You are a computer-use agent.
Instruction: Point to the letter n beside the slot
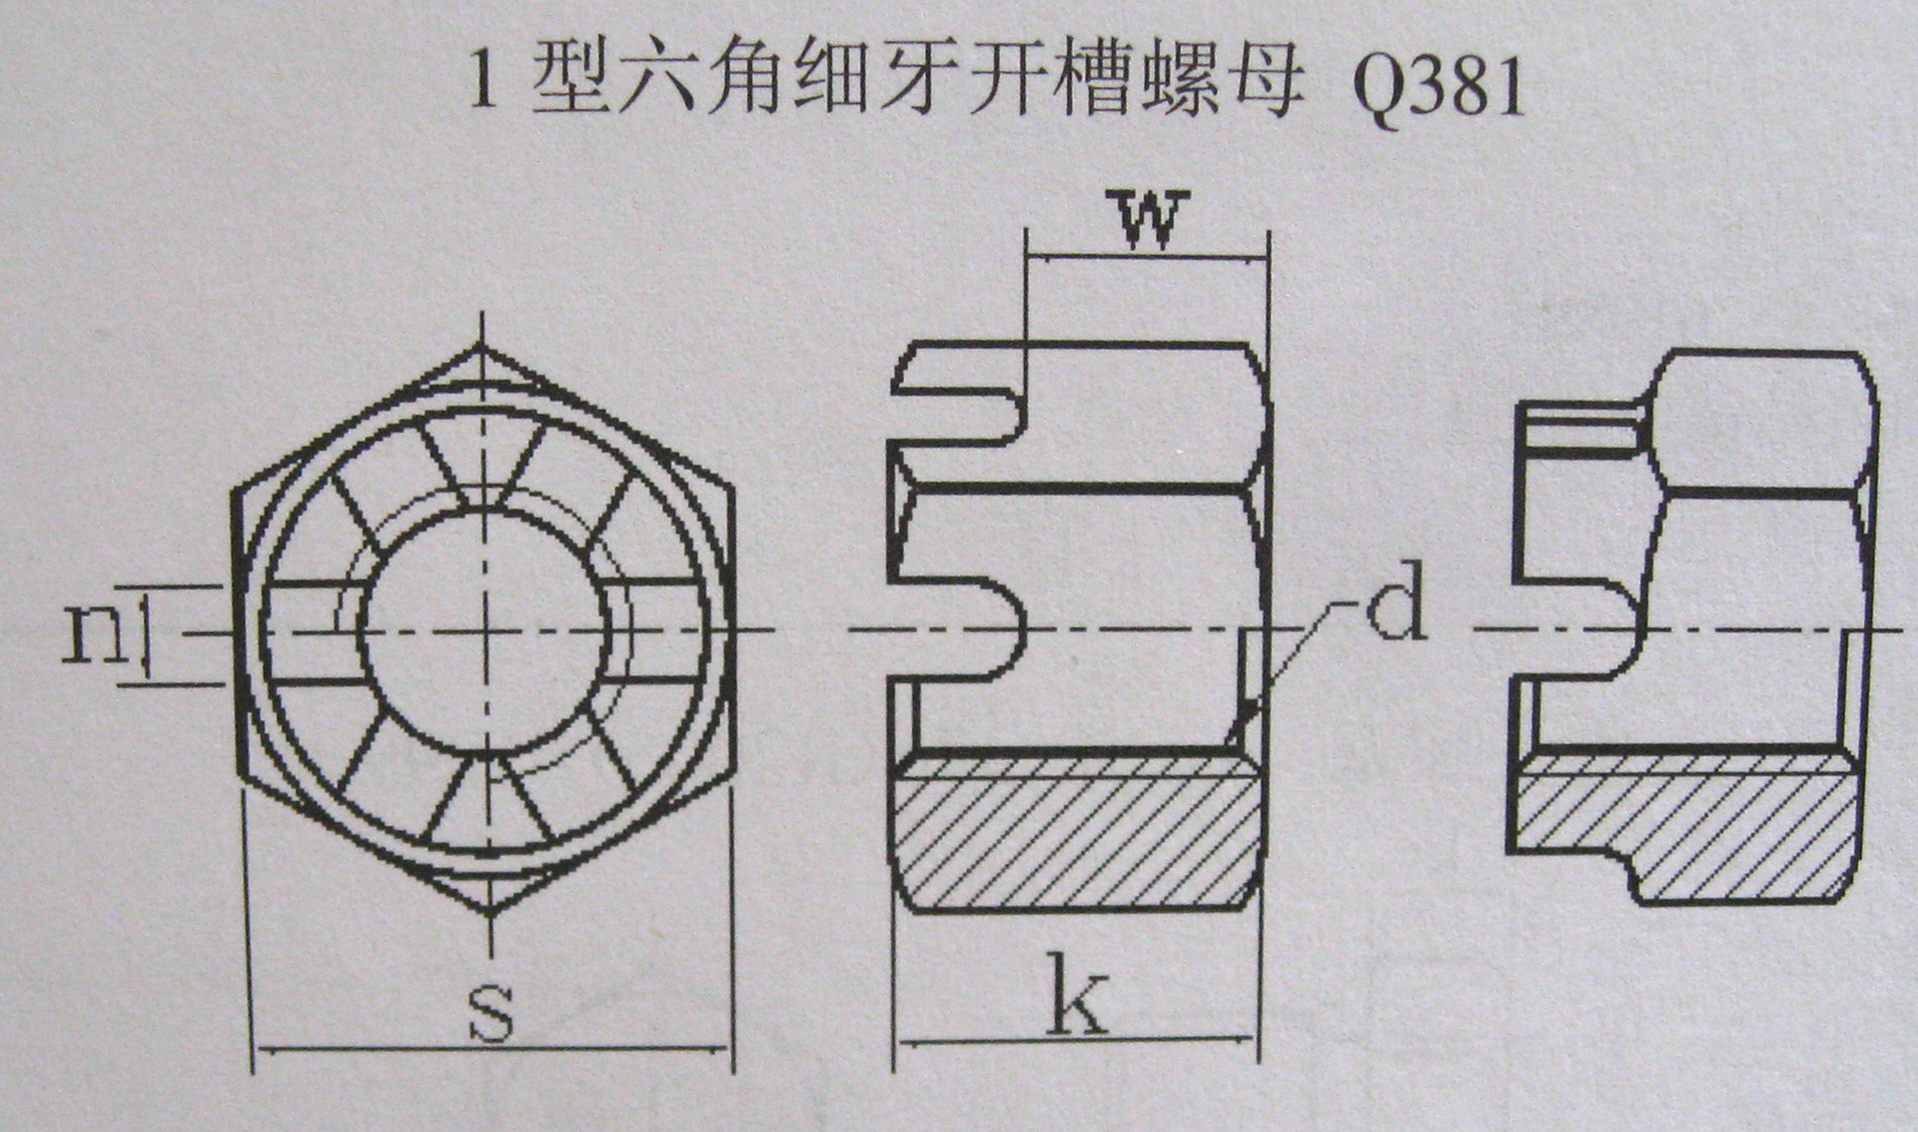pyautogui.click(x=93, y=633)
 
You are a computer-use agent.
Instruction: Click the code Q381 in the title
pyautogui.click(x=1438, y=85)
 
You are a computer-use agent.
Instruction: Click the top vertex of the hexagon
pyautogui.click(x=483, y=349)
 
